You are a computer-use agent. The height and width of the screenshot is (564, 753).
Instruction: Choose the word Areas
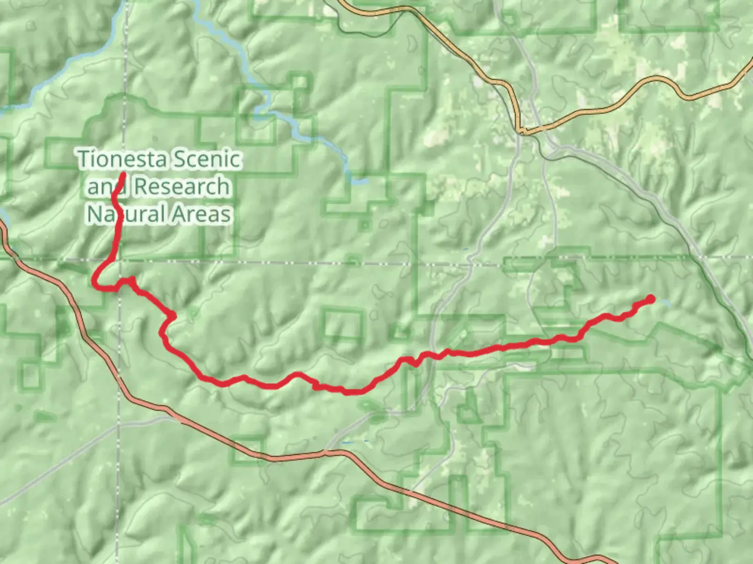point(202,214)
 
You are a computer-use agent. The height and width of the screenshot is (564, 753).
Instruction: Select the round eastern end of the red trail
point(651,299)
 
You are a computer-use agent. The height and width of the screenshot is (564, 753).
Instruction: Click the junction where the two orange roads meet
point(521,131)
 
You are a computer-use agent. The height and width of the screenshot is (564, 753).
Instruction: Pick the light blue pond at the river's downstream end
point(360,181)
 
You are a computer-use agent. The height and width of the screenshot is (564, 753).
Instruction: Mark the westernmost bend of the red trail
point(94,283)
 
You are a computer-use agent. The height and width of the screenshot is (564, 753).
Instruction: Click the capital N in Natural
point(94,214)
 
